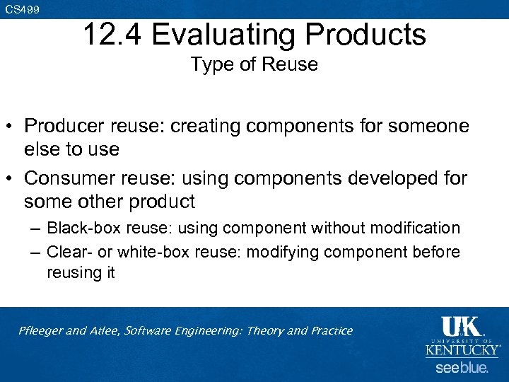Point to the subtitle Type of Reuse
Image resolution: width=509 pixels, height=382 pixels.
pyautogui.click(x=254, y=64)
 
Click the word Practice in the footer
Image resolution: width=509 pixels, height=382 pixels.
pyautogui.click(x=332, y=330)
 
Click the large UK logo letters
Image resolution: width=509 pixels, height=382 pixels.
pyautogui.click(x=461, y=327)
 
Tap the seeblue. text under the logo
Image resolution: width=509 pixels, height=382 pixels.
pyautogui.click(x=461, y=368)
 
